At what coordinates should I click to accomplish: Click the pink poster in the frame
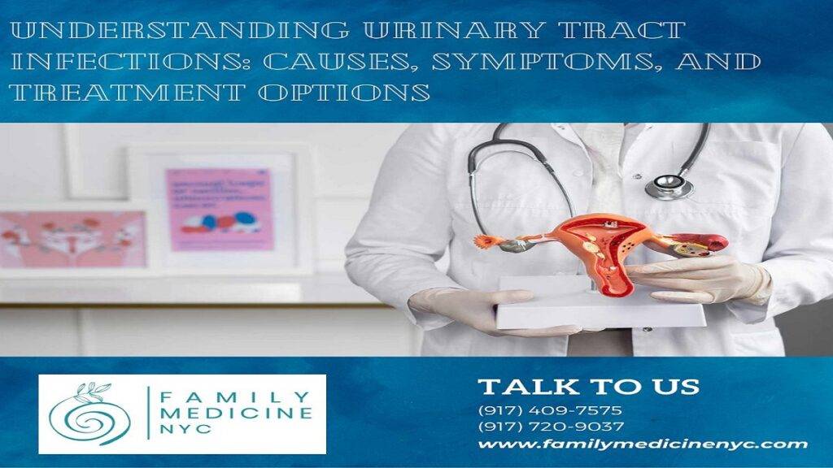(x=220, y=209)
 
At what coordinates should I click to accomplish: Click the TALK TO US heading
(x=588, y=386)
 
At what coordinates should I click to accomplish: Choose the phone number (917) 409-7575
(x=551, y=410)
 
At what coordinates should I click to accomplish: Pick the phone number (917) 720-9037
(x=551, y=427)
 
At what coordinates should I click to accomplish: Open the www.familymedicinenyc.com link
(x=643, y=444)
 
